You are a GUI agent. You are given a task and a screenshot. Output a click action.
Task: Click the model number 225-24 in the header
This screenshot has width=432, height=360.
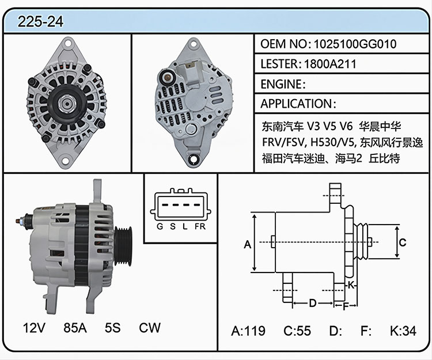point(40,21)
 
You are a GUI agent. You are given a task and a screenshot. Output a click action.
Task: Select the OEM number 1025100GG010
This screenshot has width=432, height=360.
point(355,44)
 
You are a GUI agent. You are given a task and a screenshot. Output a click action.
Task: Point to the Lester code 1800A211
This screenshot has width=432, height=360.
point(330,64)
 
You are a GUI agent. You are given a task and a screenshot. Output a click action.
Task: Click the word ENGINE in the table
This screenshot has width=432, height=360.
point(281,84)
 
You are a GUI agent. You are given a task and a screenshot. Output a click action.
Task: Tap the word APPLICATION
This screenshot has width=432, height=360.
point(296,104)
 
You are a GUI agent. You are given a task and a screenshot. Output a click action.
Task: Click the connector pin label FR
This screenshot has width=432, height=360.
point(200,226)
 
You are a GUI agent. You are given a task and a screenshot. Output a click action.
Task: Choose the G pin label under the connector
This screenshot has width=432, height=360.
point(160,226)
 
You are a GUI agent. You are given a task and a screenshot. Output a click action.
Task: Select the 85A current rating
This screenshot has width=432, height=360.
point(75,328)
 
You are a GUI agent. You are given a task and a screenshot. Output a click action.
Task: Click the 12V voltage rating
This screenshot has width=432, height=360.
point(34,328)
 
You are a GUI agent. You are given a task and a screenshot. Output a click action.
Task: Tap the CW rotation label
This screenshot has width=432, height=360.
point(149,328)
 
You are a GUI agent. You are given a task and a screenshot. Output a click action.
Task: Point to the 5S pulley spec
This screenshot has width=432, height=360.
point(112,328)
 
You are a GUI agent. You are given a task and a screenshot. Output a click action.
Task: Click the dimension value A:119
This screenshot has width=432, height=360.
point(248,331)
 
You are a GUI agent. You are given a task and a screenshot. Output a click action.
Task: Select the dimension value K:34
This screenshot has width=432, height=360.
point(403,331)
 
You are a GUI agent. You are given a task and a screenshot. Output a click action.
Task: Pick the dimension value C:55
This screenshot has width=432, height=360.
point(297,331)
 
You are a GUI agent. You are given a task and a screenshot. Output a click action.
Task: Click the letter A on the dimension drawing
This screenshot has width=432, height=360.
point(248,244)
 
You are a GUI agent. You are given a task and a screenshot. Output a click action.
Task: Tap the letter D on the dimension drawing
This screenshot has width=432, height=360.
point(312,303)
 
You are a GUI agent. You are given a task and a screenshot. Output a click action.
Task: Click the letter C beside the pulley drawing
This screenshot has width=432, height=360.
point(403,242)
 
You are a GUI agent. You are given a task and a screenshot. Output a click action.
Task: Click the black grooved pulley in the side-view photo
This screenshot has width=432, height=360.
point(123,246)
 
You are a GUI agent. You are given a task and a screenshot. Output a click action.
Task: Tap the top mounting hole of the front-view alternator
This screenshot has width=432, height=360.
point(67,44)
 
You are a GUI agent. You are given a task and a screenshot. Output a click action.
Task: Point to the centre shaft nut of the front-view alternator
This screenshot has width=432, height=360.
point(67,103)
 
